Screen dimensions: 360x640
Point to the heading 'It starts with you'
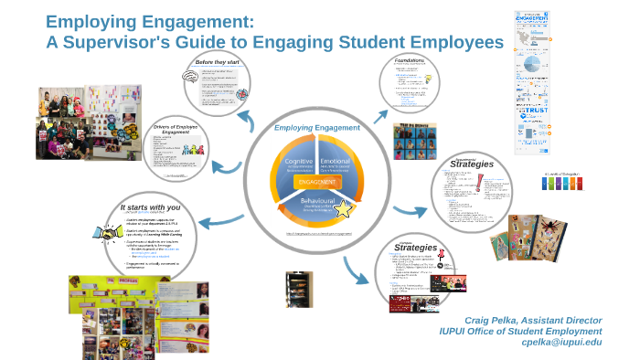150,207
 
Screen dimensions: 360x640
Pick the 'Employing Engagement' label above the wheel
318,128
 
